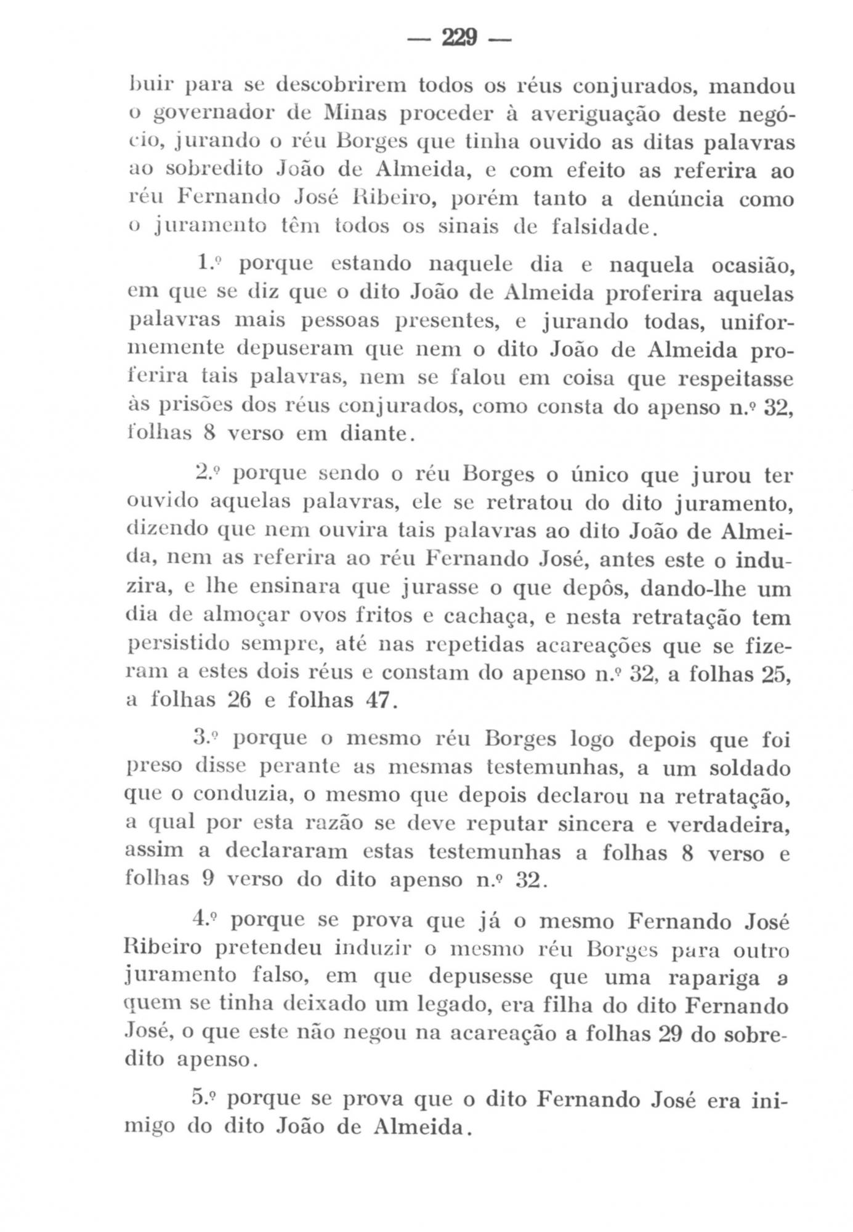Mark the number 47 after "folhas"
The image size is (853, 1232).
[376, 700]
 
